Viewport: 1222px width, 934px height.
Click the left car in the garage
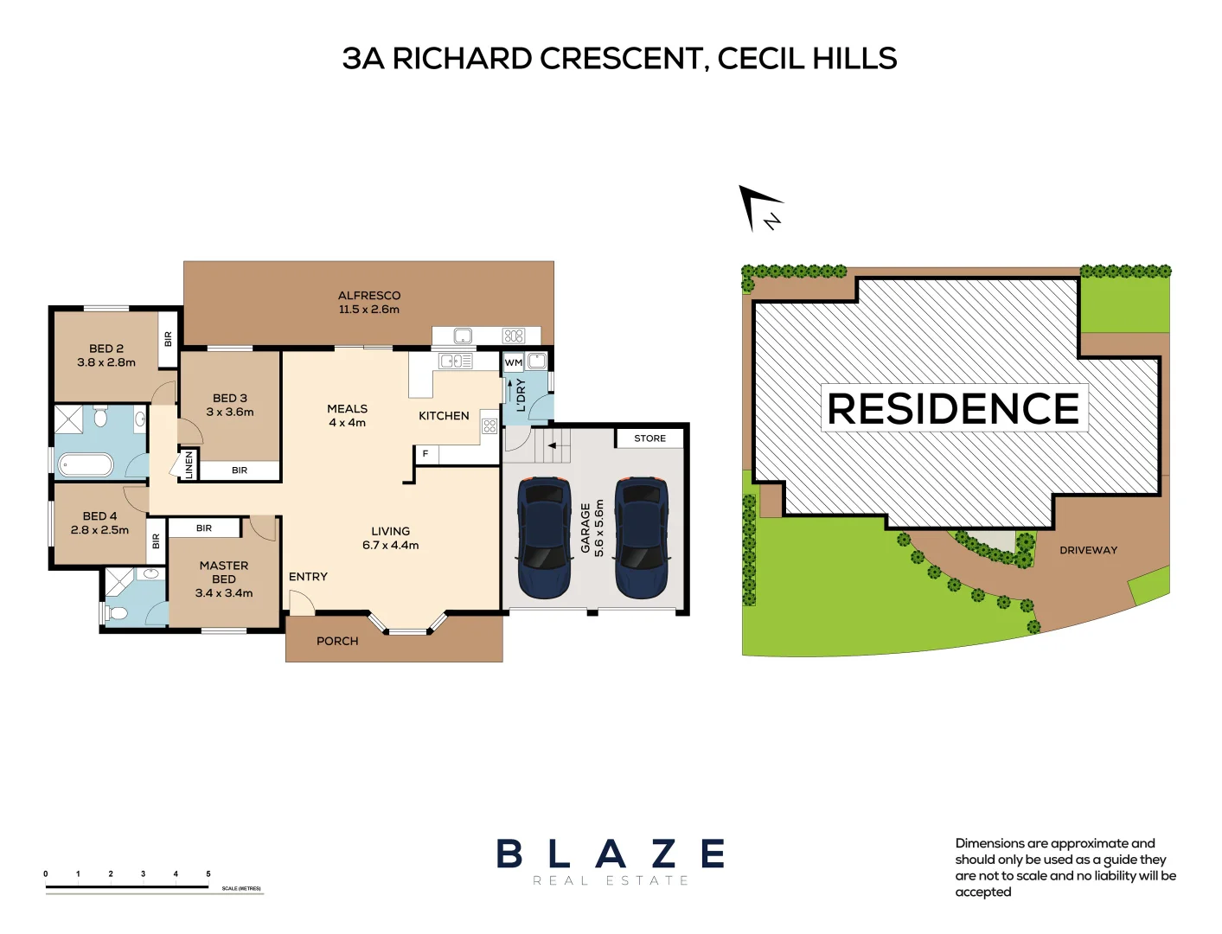(x=544, y=536)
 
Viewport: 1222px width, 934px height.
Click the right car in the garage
(x=641, y=536)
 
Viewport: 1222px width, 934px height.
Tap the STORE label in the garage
(x=649, y=438)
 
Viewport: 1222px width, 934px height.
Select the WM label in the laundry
(x=514, y=362)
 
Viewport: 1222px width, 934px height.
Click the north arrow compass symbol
(x=758, y=209)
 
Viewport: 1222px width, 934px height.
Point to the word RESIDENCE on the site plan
(x=953, y=409)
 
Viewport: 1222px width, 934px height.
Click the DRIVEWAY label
(x=1088, y=550)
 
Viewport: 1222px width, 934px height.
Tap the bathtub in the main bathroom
(x=86, y=465)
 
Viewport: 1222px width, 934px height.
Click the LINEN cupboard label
(x=189, y=465)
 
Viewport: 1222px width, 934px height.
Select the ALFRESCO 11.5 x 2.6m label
(x=369, y=303)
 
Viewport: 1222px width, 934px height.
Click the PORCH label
(x=337, y=641)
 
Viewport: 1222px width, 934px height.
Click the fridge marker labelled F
(x=425, y=453)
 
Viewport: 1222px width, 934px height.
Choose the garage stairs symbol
(x=551, y=446)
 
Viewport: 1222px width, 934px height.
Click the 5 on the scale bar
(x=208, y=874)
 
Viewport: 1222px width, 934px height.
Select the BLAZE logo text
(x=611, y=854)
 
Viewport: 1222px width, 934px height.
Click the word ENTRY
(x=308, y=577)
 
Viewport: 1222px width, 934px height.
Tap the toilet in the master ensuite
(x=118, y=613)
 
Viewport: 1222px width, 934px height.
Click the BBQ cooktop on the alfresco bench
(x=514, y=336)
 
